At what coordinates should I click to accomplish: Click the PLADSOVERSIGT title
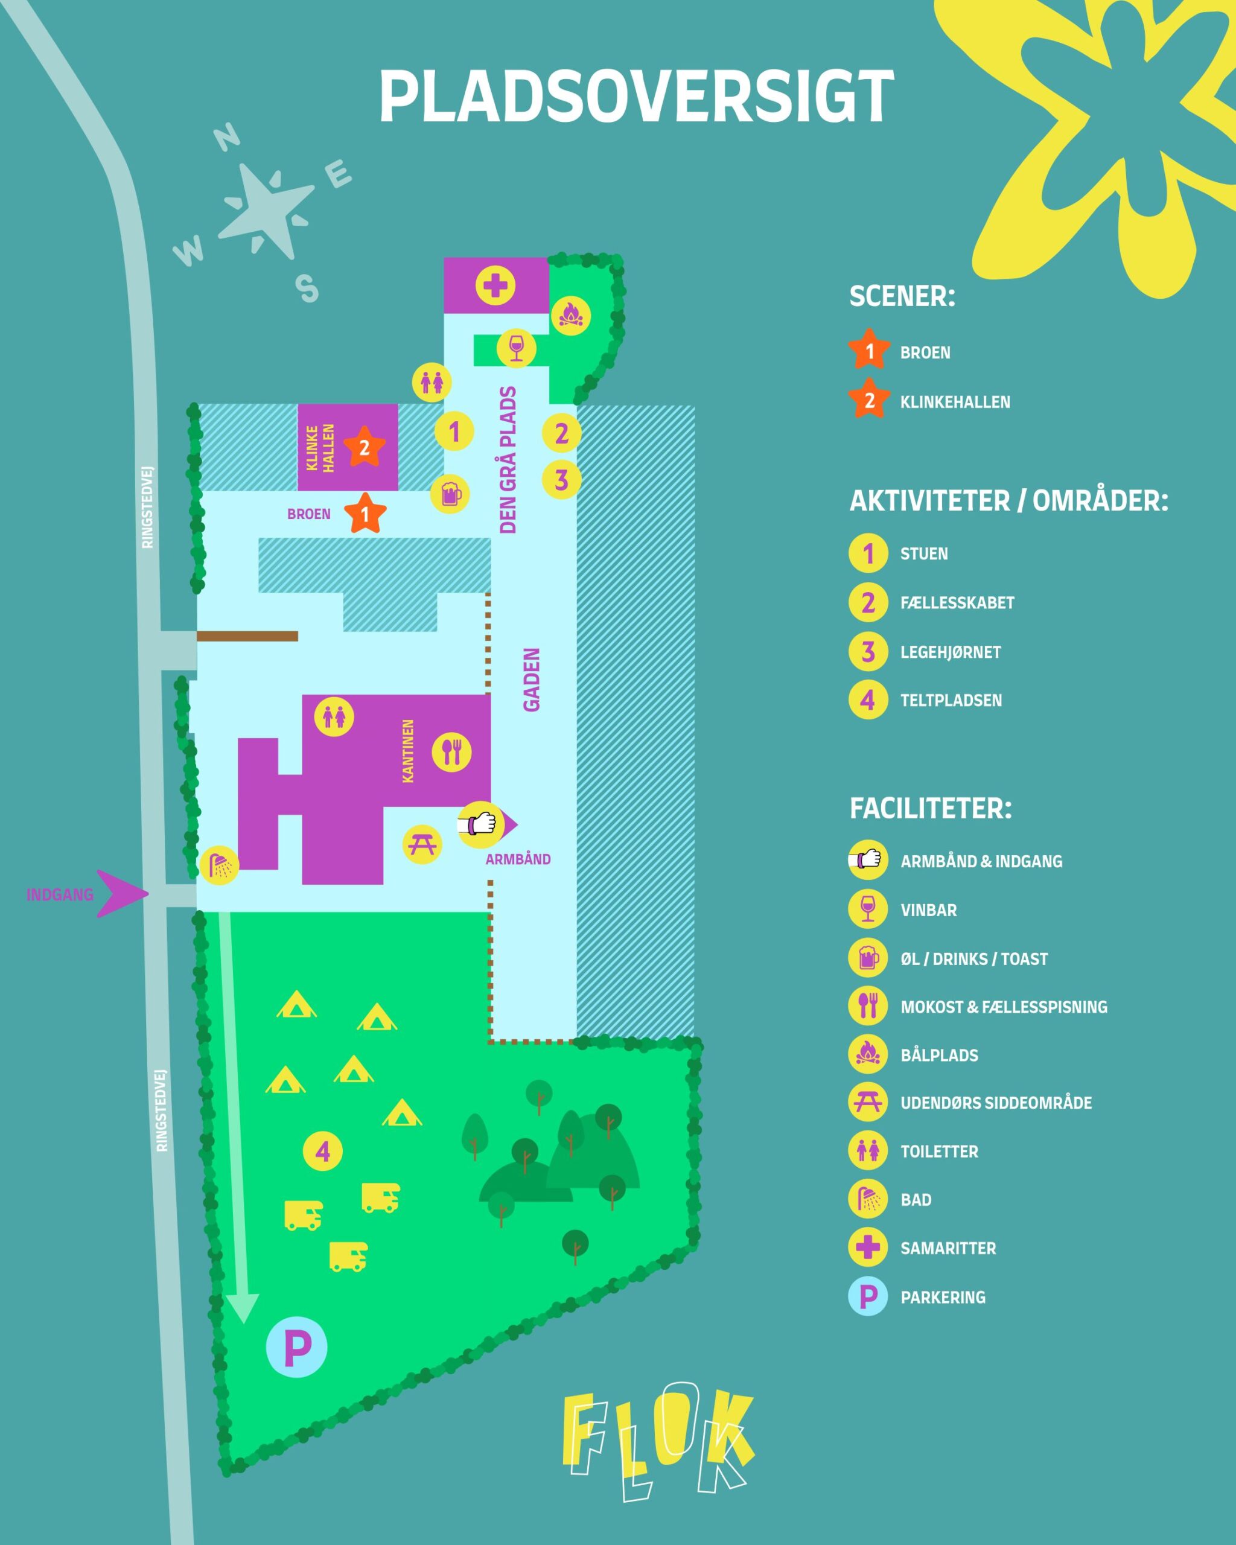(636, 97)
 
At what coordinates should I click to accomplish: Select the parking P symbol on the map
(297, 1348)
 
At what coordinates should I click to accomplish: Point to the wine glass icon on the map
(516, 348)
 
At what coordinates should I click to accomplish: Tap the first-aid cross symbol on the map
(495, 286)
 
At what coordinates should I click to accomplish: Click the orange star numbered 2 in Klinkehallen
(364, 448)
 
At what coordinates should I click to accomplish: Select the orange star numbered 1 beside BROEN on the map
(365, 514)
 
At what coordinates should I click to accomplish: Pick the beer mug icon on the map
(450, 494)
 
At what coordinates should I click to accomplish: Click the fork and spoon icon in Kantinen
(451, 752)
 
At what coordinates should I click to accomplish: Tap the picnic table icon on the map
(422, 844)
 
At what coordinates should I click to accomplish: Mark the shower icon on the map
(219, 865)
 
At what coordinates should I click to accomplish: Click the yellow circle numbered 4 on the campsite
(322, 1152)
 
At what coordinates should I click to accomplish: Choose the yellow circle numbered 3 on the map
(562, 479)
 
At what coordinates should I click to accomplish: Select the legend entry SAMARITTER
(948, 1247)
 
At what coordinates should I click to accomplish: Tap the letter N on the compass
(228, 138)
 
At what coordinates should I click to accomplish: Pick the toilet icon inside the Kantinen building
(334, 716)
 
